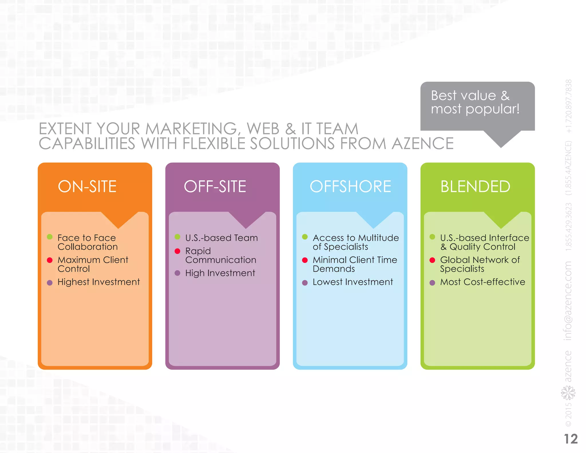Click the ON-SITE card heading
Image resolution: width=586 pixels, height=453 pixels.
coord(87,186)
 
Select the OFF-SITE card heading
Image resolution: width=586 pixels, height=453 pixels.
coord(215,186)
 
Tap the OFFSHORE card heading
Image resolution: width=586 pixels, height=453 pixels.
coord(350,186)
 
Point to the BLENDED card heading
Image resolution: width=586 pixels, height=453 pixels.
coord(475,186)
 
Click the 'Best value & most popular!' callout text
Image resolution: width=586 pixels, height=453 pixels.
coord(475,102)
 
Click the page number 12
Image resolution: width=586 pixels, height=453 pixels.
coord(571,439)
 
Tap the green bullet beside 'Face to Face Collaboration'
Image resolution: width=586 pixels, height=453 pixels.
coord(50,237)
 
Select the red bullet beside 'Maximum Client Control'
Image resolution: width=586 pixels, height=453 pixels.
coord(50,260)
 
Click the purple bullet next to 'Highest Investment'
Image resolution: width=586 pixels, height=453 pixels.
coord(50,283)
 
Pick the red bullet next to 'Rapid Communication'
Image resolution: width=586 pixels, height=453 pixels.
coord(177,251)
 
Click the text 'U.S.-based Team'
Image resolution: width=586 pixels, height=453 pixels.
coord(221,238)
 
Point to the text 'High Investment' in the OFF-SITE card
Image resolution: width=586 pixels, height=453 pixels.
coord(220,273)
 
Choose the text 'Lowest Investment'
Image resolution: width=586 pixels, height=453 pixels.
coord(353,282)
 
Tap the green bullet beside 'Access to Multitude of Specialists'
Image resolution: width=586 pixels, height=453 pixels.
coord(305,237)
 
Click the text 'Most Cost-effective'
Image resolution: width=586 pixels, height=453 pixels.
coord(483,282)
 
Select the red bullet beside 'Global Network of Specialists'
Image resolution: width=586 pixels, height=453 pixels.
coord(432,260)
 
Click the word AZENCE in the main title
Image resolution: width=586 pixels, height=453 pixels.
coord(423,143)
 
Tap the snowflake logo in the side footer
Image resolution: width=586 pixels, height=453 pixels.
coord(568,393)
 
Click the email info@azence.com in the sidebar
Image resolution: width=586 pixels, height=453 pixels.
coord(568,301)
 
